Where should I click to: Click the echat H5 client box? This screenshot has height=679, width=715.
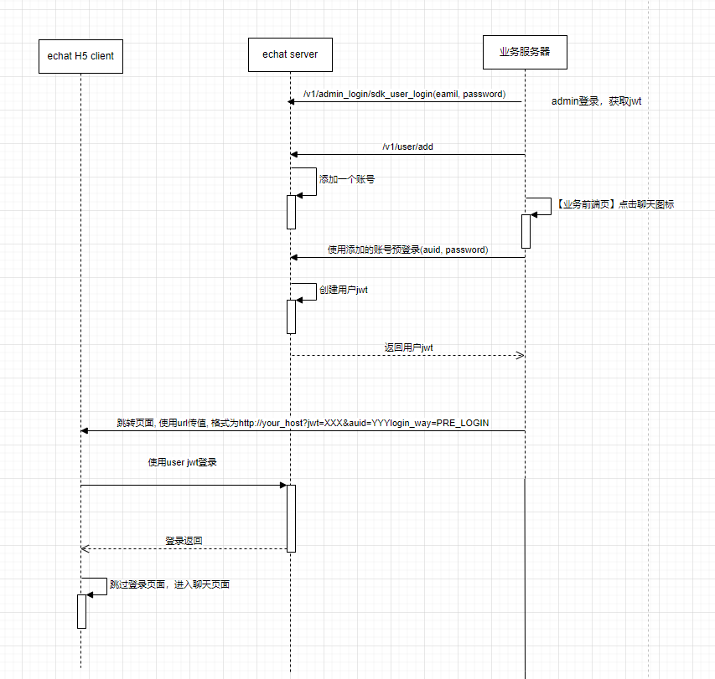(x=80, y=56)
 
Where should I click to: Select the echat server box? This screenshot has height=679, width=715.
(x=289, y=54)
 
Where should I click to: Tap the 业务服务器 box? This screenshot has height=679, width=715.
(x=525, y=51)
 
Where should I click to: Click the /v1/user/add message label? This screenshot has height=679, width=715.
(x=407, y=147)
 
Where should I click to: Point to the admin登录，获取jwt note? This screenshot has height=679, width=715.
(x=596, y=101)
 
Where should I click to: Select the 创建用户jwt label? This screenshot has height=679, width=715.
(x=344, y=290)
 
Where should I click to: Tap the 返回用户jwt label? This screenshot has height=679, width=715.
(x=408, y=347)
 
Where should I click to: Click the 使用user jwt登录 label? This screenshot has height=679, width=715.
(x=183, y=462)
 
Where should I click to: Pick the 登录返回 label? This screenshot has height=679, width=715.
(x=184, y=541)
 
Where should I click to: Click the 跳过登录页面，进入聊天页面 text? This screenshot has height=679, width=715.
(x=169, y=584)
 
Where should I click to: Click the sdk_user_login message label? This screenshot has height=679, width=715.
(x=404, y=94)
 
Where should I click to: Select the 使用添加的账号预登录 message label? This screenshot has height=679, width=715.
(x=407, y=249)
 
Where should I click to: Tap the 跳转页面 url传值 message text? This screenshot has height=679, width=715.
(x=303, y=424)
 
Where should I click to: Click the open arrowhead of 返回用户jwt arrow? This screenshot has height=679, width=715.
(x=521, y=356)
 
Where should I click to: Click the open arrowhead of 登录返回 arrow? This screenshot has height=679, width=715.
(x=85, y=548)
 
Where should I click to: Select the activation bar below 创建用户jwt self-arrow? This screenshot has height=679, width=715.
(x=291, y=316)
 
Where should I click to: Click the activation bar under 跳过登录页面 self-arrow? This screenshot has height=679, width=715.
(x=81, y=611)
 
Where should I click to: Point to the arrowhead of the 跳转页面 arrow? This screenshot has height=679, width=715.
(x=85, y=431)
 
